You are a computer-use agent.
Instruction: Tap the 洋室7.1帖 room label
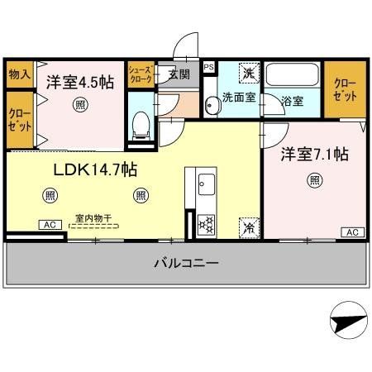(x=315, y=154)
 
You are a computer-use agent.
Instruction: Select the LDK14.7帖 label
(x=95, y=169)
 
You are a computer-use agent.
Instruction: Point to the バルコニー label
(x=186, y=264)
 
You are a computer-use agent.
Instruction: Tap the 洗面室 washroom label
(x=236, y=98)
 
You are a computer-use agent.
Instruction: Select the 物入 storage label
(x=19, y=74)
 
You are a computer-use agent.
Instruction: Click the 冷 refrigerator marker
(x=247, y=225)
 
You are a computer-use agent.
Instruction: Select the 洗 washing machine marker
(x=248, y=74)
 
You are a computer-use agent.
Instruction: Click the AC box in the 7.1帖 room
(x=351, y=232)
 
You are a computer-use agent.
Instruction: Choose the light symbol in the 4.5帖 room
(x=79, y=104)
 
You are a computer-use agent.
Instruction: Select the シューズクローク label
(x=140, y=76)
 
